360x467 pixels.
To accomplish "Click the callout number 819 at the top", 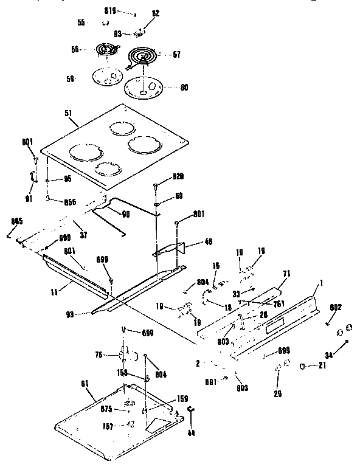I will click(x=109, y=10).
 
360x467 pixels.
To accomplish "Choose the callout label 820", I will click(x=178, y=176).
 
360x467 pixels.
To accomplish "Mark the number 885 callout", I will click(x=16, y=222).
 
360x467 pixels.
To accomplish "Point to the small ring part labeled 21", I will click(x=302, y=366).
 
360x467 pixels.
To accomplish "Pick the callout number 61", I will click(x=85, y=382).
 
